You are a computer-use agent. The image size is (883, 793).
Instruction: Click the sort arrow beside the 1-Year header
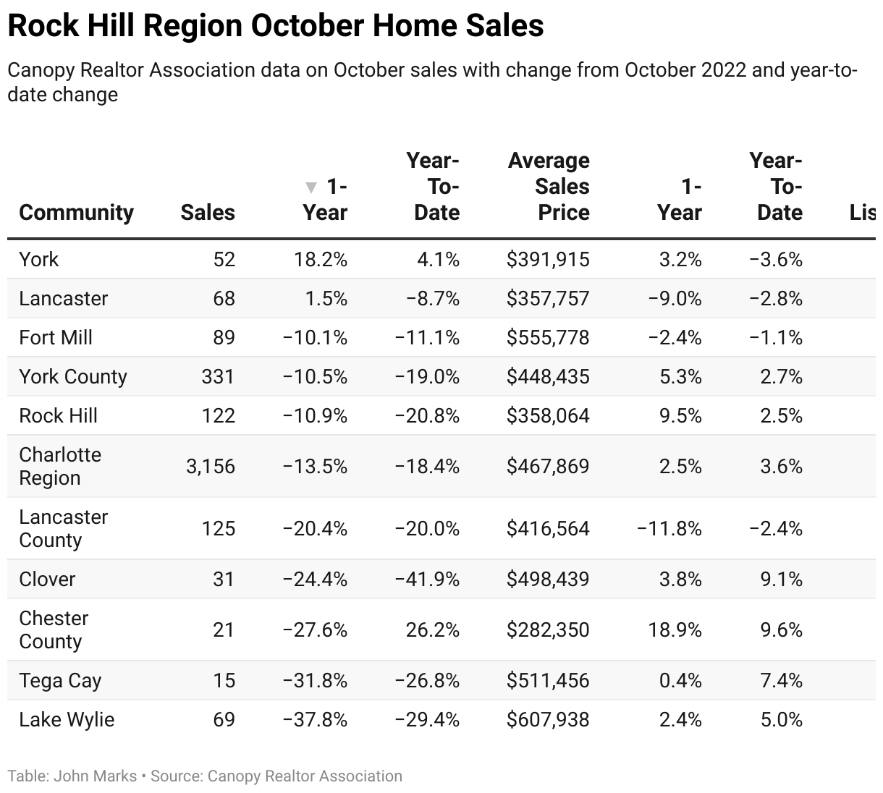click(x=311, y=187)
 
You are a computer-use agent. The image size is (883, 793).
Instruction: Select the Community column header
click(x=76, y=213)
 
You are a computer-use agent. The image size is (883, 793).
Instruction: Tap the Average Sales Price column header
click(x=549, y=187)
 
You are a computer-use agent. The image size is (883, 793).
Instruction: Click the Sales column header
click(x=208, y=213)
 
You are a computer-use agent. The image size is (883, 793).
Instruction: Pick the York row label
click(x=39, y=259)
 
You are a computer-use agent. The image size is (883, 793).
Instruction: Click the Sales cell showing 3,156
click(x=211, y=466)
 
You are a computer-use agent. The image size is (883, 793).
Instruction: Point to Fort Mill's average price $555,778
click(x=548, y=337)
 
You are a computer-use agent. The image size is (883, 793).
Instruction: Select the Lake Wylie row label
click(x=67, y=719)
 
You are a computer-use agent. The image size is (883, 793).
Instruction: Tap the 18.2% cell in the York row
click(x=321, y=259)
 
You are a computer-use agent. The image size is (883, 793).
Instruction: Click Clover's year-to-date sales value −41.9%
click(x=427, y=579)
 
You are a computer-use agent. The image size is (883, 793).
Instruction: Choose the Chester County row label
click(x=54, y=629)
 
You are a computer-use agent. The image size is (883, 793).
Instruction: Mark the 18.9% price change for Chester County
click(x=675, y=629)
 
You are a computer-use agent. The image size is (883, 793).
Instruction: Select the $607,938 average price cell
click(x=548, y=719)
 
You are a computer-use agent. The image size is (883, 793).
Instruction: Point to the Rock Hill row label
click(x=58, y=415)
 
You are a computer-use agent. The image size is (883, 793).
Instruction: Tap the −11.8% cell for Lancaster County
click(x=669, y=528)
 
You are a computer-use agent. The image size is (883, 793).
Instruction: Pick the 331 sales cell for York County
click(x=218, y=376)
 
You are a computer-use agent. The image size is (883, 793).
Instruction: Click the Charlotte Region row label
click(x=60, y=466)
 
